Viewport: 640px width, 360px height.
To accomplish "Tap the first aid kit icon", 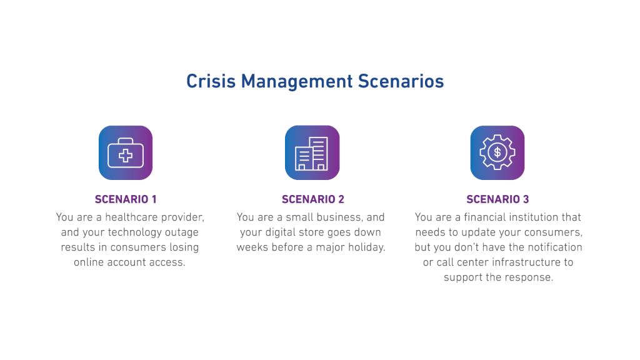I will pyautogui.click(x=126, y=153).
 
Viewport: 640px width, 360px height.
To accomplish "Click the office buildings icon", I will pyautogui.click(x=312, y=153).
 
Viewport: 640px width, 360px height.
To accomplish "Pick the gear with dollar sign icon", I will pyautogui.click(x=497, y=152).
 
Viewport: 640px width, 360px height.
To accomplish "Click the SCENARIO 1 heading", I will pyautogui.click(x=126, y=199).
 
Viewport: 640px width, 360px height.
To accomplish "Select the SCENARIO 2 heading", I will pyautogui.click(x=312, y=199).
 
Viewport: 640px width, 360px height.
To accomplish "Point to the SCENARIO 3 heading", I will pyautogui.click(x=497, y=199).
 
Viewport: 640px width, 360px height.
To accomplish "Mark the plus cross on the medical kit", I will pyautogui.click(x=126, y=156).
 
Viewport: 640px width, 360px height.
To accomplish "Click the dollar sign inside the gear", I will pyautogui.click(x=497, y=152).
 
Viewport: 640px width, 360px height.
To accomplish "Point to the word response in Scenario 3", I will pyautogui.click(x=533, y=277).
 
